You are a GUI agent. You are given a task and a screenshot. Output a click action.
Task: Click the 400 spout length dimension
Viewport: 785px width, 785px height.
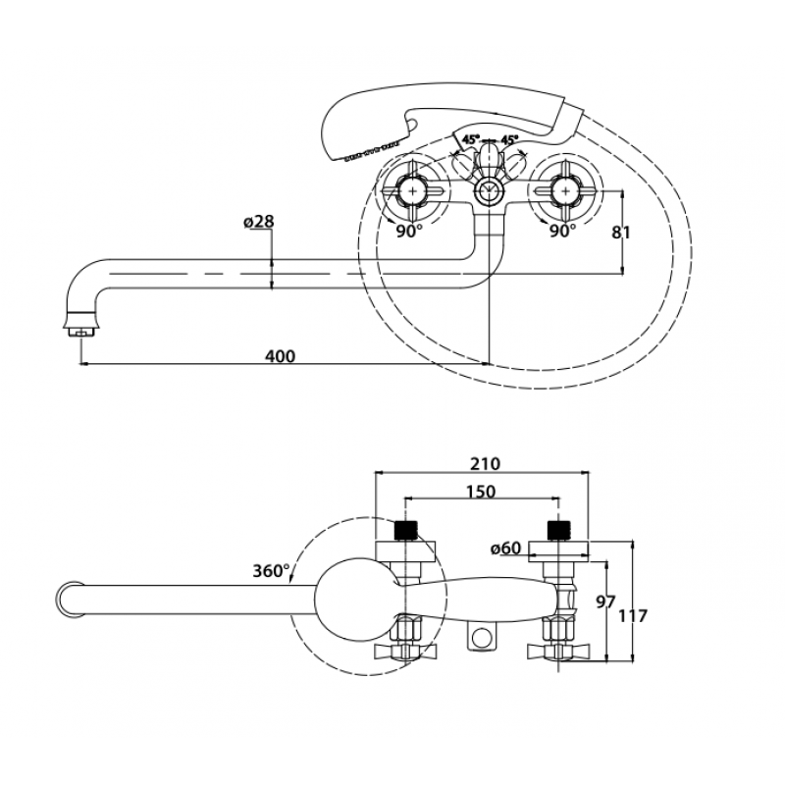pyautogui.click(x=280, y=356)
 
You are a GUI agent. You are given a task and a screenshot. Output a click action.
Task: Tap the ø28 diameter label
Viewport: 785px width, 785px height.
pyautogui.click(x=259, y=222)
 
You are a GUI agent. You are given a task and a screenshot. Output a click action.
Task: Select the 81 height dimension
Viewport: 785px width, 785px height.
pyautogui.click(x=621, y=233)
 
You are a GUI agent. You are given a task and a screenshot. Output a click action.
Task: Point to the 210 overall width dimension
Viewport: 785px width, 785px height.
pyautogui.click(x=485, y=463)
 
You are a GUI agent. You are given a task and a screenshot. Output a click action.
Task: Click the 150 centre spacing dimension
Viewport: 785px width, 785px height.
pyautogui.click(x=481, y=492)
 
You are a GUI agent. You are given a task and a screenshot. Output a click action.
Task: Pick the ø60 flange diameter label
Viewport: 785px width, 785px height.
pyautogui.click(x=506, y=549)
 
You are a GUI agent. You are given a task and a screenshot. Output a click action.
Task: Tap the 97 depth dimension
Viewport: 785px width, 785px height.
pyautogui.click(x=605, y=602)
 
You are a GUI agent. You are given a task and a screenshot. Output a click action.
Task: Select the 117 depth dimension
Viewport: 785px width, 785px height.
pyautogui.click(x=633, y=615)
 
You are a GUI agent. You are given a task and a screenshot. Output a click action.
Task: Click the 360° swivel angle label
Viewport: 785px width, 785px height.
pyautogui.click(x=271, y=571)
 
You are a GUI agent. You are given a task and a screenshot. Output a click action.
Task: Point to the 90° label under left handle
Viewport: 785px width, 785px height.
pyautogui.click(x=409, y=232)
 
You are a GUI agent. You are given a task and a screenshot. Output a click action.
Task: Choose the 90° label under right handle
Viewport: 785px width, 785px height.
pyautogui.click(x=562, y=231)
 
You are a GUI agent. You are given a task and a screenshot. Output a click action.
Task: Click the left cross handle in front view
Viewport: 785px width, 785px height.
pyautogui.click(x=412, y=190)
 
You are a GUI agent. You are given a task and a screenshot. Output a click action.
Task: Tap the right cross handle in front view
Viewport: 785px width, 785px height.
pyautogui.click(x=566, y=190)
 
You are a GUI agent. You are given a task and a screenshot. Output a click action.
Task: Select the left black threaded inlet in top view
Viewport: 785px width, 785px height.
pyautogui.click(x=406, y=531)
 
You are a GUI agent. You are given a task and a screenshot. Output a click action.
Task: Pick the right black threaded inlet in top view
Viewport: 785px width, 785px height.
pyautogui.click(x=559, y=531)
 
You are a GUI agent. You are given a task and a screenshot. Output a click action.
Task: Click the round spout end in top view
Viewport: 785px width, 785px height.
pyautogui.click(x=70, y=600)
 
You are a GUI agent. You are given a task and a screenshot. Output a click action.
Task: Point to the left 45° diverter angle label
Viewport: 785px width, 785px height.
pyautogui.click(x=471, y=138)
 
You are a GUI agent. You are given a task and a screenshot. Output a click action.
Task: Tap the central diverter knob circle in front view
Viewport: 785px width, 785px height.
pyautogui.click(x=486, y=190)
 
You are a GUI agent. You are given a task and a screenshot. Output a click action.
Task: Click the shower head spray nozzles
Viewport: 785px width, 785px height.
pyautogui.click(x=372, y=152)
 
